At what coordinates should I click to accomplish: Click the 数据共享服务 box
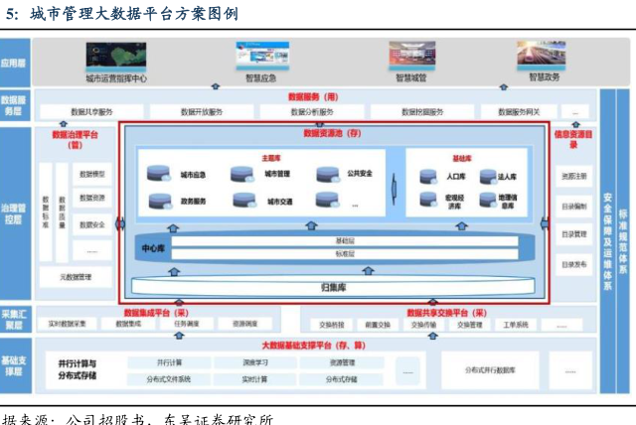coord(91,112)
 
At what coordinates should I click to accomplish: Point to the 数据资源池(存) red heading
coord(332,132)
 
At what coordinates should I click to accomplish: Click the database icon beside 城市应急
coord(158,175)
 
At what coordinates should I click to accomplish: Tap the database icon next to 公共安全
coord(327,175)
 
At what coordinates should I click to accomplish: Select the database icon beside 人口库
coord(427,177)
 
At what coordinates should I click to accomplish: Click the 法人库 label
coord(508,177)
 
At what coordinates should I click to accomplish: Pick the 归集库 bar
coord(332,287)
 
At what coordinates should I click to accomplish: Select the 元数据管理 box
coord(76,277)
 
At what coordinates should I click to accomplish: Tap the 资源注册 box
coord(574,177)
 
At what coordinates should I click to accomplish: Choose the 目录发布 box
coord(574,264)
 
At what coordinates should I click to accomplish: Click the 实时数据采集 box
coord(67,324)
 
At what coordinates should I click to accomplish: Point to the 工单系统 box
coord(517,324)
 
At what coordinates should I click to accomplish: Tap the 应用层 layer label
coord(14,62)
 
